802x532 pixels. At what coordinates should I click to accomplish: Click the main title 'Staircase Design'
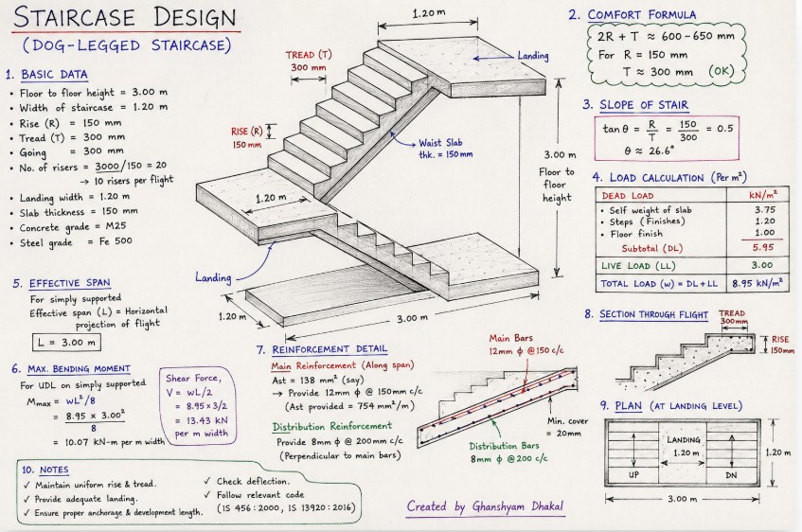125,17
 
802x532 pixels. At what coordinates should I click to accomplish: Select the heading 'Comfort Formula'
641,14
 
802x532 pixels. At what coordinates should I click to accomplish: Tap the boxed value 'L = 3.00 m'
66,343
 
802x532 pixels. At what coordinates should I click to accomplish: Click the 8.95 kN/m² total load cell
757,283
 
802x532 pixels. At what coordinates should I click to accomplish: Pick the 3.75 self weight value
765,210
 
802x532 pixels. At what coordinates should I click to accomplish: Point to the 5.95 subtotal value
763,248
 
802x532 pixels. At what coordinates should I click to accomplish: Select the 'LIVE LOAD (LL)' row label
638,265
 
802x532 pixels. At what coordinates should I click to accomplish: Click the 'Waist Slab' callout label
440,143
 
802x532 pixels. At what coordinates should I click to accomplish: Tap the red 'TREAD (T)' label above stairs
309,55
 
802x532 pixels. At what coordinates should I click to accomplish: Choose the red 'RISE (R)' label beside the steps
246,132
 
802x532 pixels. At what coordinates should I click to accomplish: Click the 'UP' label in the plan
633,474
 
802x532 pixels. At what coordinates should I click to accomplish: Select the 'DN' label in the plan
731,475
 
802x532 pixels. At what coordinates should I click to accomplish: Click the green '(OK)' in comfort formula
722,71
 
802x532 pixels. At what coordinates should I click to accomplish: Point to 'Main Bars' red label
510,338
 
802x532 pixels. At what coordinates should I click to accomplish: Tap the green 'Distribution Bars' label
501,446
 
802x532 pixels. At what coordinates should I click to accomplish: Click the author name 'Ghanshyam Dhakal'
518,506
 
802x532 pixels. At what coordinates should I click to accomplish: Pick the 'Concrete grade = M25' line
73,226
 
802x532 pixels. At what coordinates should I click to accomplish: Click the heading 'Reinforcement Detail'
330,349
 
